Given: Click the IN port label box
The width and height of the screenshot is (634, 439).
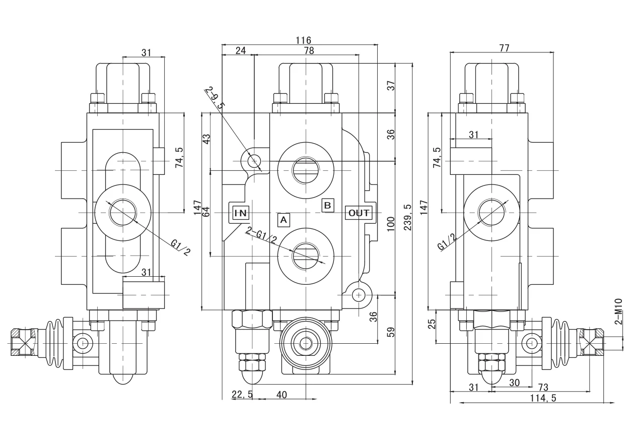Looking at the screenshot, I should [239, 213].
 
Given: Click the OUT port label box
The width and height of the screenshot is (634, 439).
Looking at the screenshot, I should [359, 213].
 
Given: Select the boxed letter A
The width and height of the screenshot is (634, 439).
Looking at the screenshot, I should [284, 220].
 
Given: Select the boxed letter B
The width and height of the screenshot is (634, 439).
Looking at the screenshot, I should [327, 205].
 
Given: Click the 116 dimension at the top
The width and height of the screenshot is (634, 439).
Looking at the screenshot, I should [303, 40].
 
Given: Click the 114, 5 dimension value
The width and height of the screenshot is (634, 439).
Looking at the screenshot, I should [543, 398].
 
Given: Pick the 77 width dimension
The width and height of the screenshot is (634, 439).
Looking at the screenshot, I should [504, 48].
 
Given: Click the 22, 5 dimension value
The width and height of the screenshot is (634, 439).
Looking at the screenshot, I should [242, 395].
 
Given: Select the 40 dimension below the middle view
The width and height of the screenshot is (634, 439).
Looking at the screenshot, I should [281, 395].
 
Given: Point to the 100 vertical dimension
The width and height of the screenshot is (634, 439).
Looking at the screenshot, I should [390, 223].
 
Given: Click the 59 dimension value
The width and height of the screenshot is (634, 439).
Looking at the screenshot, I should [390, 332].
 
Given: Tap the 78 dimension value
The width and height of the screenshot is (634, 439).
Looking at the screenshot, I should [309, 51].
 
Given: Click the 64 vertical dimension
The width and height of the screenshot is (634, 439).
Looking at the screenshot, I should [205, 212].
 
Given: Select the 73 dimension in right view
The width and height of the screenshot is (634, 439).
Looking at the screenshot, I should [543, 387].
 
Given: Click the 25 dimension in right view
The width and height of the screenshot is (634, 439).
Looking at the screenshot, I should [432, 324].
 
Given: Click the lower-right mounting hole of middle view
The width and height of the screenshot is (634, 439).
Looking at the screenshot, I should [359, 294].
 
